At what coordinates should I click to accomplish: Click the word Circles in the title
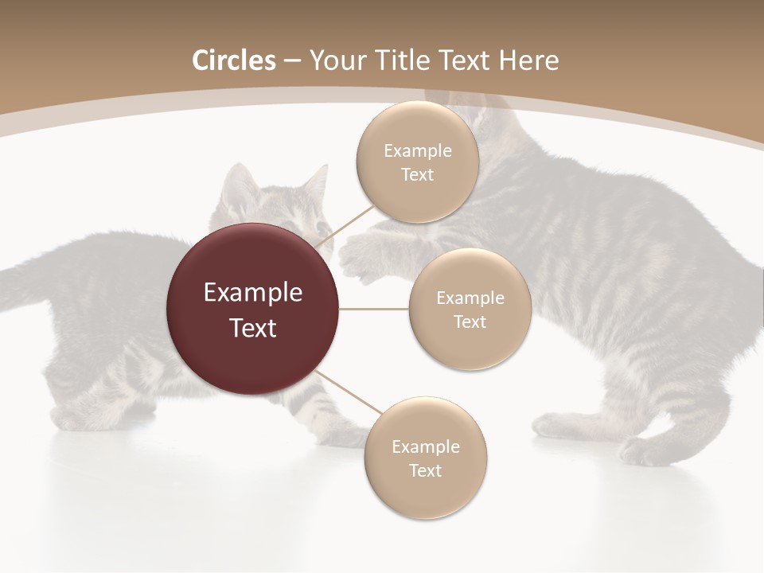click(233, 60)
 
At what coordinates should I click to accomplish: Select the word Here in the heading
click(529, 60)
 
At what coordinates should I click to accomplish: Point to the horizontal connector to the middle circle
click(374, 309)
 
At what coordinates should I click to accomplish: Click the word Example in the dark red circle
click(253, 293)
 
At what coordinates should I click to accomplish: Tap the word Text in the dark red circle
click(253, 327)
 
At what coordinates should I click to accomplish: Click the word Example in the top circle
click(418, 151)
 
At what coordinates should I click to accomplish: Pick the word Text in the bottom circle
click(425, 470)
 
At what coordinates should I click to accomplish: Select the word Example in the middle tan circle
click(470, 298)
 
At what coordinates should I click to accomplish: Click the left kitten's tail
click(32, 279)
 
